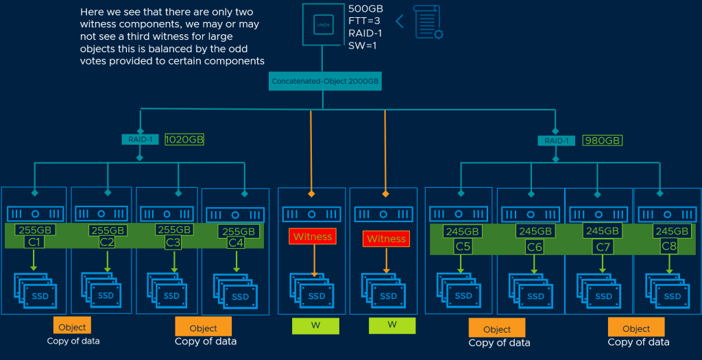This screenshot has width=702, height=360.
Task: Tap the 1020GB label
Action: tap(184, 139)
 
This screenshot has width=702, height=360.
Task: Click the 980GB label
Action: tap(601, 141)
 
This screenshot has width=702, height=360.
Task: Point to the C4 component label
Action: tap(236, 243)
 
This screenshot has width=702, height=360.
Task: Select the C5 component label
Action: tap(462, 246)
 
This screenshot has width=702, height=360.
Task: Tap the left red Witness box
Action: tap(313, 237)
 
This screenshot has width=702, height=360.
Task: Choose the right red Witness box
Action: tap(387, 239)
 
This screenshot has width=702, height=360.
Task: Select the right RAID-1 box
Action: tap(556, 141)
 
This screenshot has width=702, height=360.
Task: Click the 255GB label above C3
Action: tap(174, 230)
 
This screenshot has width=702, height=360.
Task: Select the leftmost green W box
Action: tap(315, 324)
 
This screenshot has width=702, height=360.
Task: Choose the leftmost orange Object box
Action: tap(72, 327)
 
